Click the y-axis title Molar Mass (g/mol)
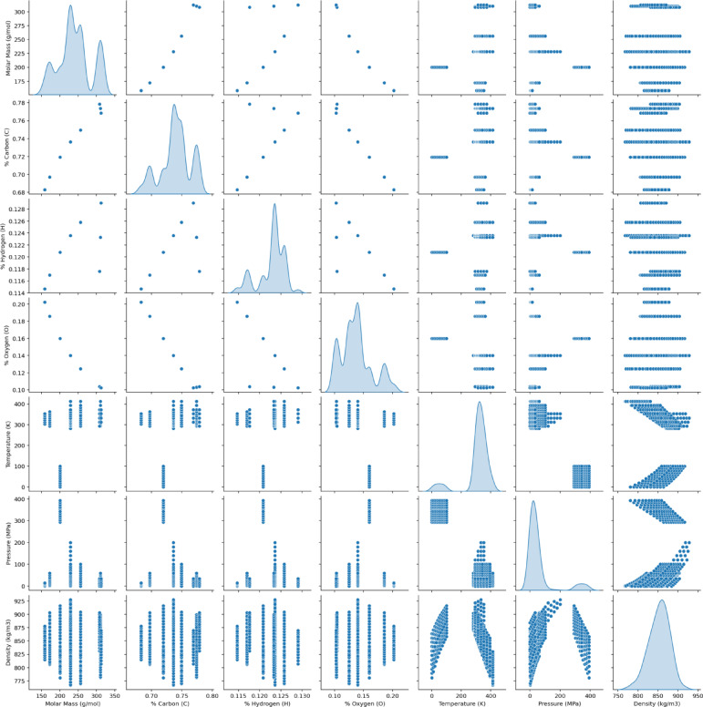[x=7, y=51]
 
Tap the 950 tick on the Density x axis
[x=697, y=688]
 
